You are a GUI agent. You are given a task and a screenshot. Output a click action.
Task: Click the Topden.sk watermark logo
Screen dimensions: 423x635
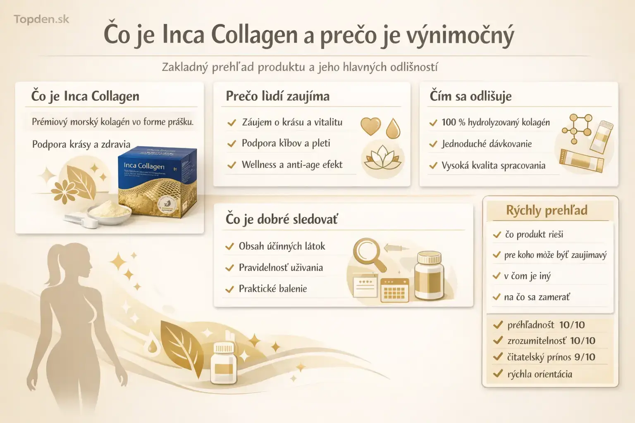pos(41,19)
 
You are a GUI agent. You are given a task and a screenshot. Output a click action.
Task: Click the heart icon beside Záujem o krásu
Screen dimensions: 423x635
pos(370,126)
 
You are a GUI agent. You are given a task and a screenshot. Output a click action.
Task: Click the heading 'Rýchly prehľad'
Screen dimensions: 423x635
pos(547,210)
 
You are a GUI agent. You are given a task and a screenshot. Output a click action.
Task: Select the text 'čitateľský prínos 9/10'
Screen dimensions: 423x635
pos(551,357)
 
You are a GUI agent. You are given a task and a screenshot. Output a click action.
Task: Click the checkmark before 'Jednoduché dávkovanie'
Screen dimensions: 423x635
pos(433,144)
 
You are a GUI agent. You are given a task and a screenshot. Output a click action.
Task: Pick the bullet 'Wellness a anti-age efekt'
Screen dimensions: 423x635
pos(292,165)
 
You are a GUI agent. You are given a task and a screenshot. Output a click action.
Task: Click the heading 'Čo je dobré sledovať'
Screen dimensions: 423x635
pos(282,219)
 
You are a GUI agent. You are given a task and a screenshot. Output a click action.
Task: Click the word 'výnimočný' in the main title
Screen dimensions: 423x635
pos(460,36)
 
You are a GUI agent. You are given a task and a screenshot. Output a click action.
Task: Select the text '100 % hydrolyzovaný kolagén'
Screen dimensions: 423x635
pos(495,122)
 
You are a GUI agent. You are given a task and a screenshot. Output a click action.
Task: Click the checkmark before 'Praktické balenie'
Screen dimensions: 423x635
pos(229,289)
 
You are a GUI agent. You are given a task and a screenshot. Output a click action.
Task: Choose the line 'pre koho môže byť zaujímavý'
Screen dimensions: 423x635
pos(555,255)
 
